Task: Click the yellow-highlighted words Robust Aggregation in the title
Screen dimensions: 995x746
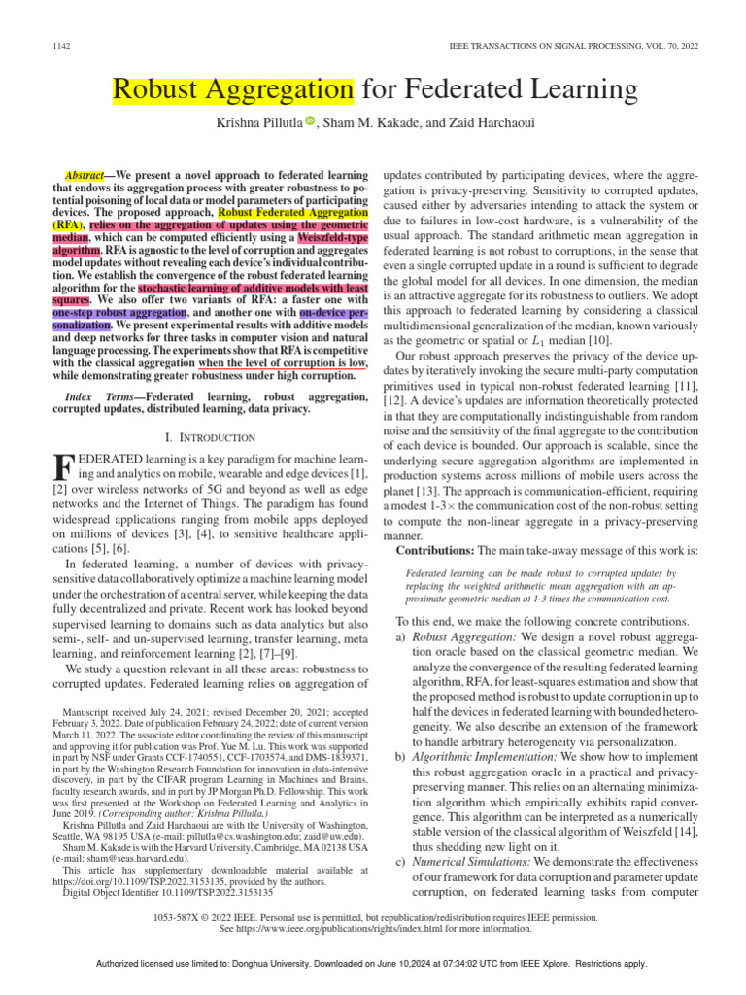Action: (x=232, y=91)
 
